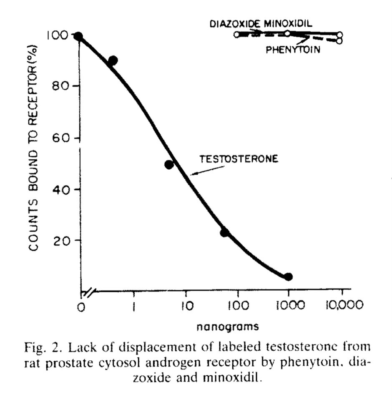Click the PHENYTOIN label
tap(293, 50)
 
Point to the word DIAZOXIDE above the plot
tap(234, 23)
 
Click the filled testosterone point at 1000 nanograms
tap(288, 276)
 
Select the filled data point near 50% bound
tap(169, 165)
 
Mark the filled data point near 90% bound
tap(113, 60)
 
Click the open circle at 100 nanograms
tap(237, 34)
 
